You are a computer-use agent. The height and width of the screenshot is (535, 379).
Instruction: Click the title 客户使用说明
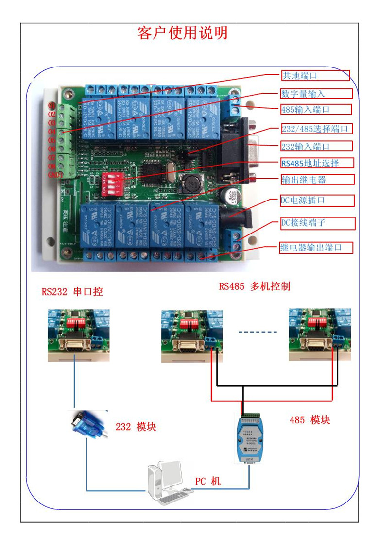click(x=182, y=33)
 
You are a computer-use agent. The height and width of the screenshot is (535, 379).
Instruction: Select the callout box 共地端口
click(x=315, y=75)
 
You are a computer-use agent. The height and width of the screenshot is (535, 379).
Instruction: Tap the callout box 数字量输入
click(x=316, y=94)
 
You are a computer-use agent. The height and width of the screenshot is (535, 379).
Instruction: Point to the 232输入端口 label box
click(x=316, y=146)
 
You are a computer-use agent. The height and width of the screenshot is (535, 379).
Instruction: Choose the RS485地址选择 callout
click(x=316, y=163)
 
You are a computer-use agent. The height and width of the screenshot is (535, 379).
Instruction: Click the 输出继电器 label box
click(x=317, y=180)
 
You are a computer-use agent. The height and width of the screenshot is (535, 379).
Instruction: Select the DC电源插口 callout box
click(x=317, y=200)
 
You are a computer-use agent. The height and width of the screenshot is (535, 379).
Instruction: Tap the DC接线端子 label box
click(x=317, y=223)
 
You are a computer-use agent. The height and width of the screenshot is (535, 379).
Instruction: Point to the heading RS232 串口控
click(x=72, y=292)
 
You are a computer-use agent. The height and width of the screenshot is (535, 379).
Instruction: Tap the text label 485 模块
click(x=310, y=420)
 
